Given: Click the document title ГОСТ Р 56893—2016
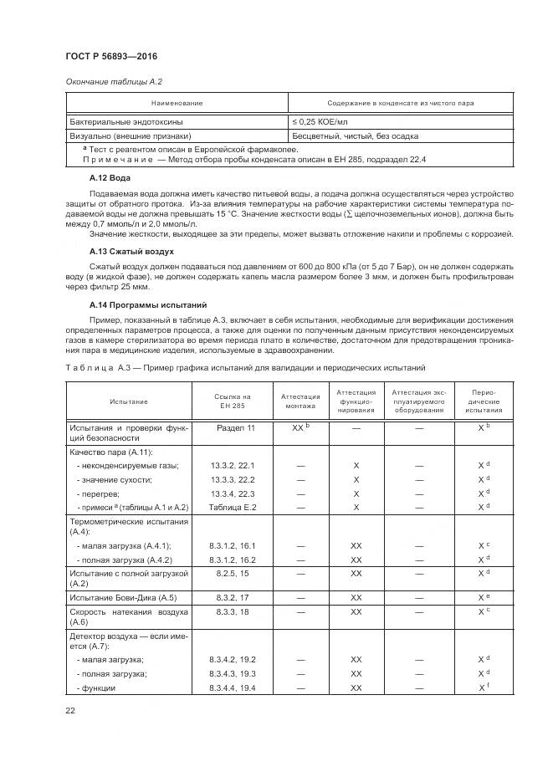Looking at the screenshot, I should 111,56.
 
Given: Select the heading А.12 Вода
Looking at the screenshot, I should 109,178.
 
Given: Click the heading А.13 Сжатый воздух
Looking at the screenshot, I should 131,251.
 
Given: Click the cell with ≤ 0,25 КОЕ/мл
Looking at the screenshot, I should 322,121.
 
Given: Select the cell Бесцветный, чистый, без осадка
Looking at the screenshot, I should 355,135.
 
